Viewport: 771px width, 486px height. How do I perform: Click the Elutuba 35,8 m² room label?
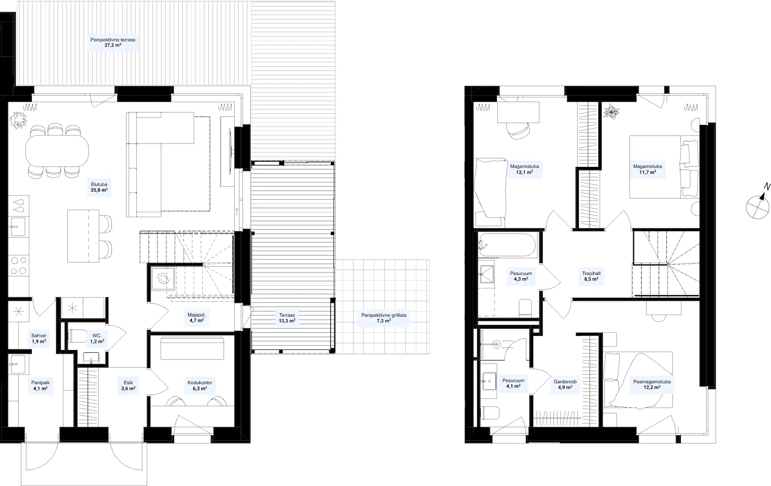[x=99, y=187]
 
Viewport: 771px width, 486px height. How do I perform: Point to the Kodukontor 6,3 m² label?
[x=200, y=385]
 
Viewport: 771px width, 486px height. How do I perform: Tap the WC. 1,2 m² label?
[x=97, y=338]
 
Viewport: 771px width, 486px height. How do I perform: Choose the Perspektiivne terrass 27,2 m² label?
[x=113, y=42]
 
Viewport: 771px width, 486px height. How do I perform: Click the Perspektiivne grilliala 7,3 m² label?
[x=384, y=318]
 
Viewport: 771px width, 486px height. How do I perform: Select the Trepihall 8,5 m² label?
[x=591, y=276]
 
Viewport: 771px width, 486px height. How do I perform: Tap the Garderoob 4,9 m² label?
[x=565, y=385]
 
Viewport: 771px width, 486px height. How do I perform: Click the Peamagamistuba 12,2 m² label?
[x=652, y=385]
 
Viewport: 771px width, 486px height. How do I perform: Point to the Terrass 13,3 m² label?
[x=287, y=318]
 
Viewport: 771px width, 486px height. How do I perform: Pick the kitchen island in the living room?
[x=83, y=236]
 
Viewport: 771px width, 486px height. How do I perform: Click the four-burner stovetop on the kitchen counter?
[x=19, y=266]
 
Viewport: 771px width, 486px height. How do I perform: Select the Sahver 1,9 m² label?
[x=39, y=338]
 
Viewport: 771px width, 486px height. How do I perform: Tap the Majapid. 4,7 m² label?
[x=197, y=318]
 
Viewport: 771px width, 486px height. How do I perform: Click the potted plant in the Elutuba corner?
[x=19, y=120]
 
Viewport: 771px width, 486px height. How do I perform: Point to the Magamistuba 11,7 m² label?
[x=648, y=169]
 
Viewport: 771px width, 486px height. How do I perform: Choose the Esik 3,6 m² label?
[x=128, y=385]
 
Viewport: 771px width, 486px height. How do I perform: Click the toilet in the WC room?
[x=77, y=336]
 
